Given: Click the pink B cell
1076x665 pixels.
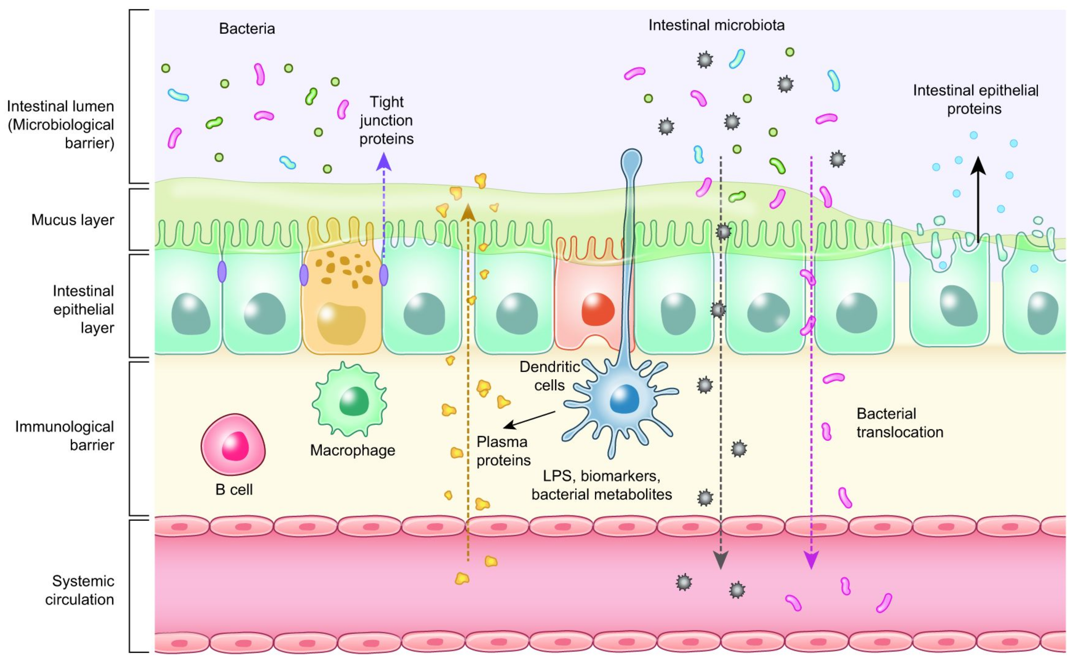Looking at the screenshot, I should (x=233, y=444).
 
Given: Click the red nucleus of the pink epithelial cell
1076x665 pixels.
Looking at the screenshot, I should (x=597, y=309).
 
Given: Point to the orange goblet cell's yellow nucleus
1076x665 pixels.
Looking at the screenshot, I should (x=341, y=323).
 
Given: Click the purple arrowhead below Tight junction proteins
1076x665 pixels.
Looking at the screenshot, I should (x=384, y=162).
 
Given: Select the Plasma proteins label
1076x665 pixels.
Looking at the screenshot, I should (x=503, y=451).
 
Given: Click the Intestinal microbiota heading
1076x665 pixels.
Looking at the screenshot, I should (x=716, y=25).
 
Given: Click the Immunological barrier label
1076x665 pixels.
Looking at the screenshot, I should (x=65, y=435).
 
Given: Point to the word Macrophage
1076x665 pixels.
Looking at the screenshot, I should (x=352, y=450).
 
